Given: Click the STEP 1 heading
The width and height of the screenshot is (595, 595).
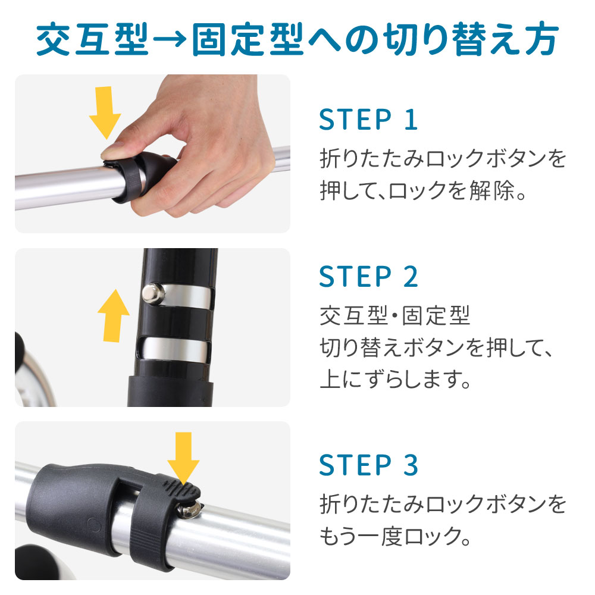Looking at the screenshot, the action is pyautogui.click(x=368, y=120).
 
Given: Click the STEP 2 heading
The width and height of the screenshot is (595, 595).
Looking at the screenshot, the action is pyautogui.click(x=368, y=277).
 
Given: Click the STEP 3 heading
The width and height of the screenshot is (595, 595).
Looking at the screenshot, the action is pyautogui.click(x=368, y=465).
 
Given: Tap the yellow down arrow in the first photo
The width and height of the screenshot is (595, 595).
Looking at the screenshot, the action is pyautogui.click(x=105, y=112).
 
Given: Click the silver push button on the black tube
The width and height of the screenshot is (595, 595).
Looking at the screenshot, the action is pyautogui.click(x=152, y=294).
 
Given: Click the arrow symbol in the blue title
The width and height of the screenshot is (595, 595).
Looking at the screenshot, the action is pyautogui.click(x=169, y=40).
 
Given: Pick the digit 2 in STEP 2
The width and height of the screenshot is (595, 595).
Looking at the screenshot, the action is pyautogui.click(x=411, y=277).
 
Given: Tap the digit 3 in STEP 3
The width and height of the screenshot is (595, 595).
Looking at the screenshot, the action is pyautogui.click(x=411, y=465).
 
